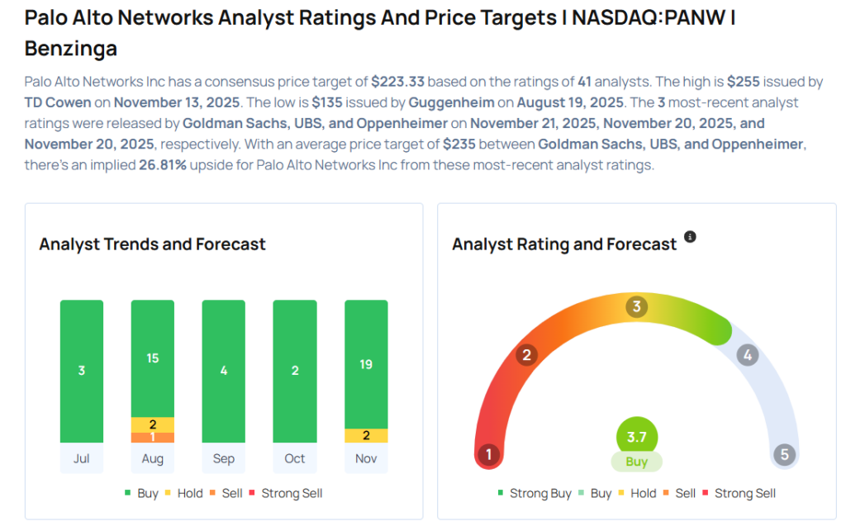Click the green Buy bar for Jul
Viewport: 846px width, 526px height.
point(82,371)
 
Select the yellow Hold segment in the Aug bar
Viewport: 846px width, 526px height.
point(153,424)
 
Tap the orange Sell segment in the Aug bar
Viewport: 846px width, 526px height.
point(153,438)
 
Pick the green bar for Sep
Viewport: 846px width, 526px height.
point(224,371)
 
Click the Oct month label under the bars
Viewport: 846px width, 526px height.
point(295,458)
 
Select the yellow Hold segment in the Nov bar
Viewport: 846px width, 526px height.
point(366,436)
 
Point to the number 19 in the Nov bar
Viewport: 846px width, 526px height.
point(366,364)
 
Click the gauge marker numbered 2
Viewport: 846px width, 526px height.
point(525,355)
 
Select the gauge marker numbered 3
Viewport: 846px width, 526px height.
point(635,307)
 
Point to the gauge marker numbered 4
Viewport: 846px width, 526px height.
point(747,355)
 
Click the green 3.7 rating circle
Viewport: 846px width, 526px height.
point(636,436)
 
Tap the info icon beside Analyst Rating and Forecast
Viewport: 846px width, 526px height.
point(690,237)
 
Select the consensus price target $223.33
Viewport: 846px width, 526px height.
point(397,82)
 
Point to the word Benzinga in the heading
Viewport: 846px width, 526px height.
point(71,49)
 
